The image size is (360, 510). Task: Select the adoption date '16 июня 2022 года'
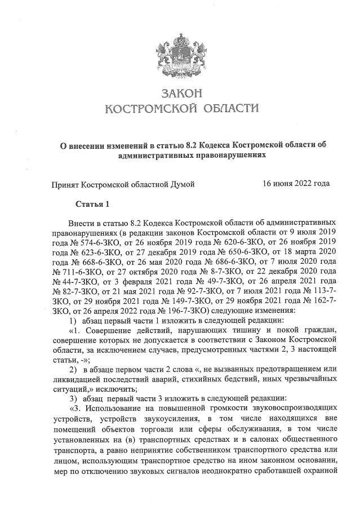pyautogui.click(x=296, y=183)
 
